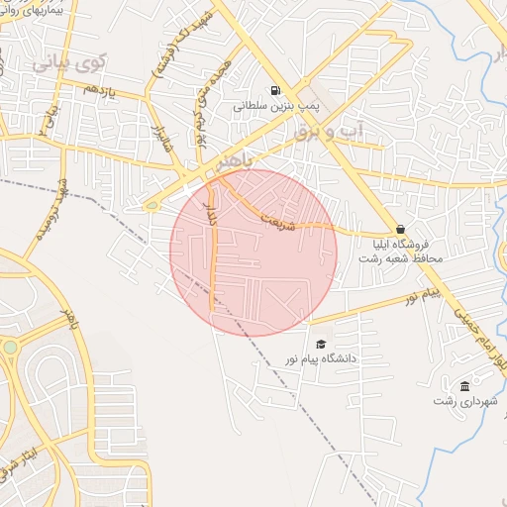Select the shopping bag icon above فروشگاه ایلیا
pyautogui.click(x=400, y=229)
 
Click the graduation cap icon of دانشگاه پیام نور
pyautogui.click(x=319, y=344)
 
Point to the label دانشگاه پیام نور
pyautogui.click(x=318, y=359)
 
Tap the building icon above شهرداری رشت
pyautogui.click(x=465, y=385)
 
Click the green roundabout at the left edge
pyautogui.click(x=9, y=348)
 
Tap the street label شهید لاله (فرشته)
pyautogui.click(x=156, y=53)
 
